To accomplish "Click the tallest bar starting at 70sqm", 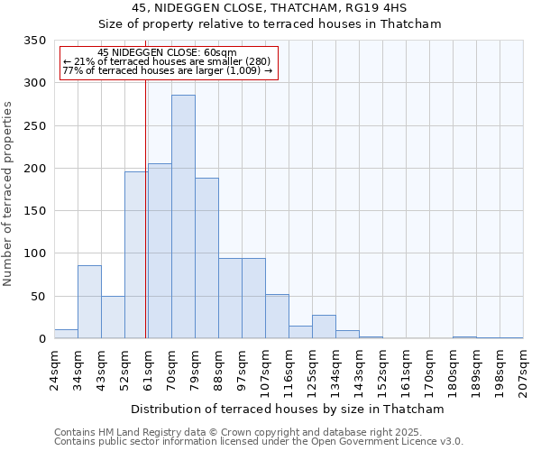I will [183, 216].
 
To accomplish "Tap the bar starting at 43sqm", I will [113, 318].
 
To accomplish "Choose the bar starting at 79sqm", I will [206, 258].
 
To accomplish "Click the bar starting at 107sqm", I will [277, 317].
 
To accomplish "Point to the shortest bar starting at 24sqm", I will [66, 334].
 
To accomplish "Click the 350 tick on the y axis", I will [34, 41].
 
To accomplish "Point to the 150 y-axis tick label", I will [34, 211].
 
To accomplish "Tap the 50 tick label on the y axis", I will [38, 296].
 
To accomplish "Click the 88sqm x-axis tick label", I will [218, 368].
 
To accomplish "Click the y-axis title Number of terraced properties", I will [9, 193].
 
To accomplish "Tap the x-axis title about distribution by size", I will [288, 409].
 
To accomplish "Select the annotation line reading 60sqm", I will [167, 53].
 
